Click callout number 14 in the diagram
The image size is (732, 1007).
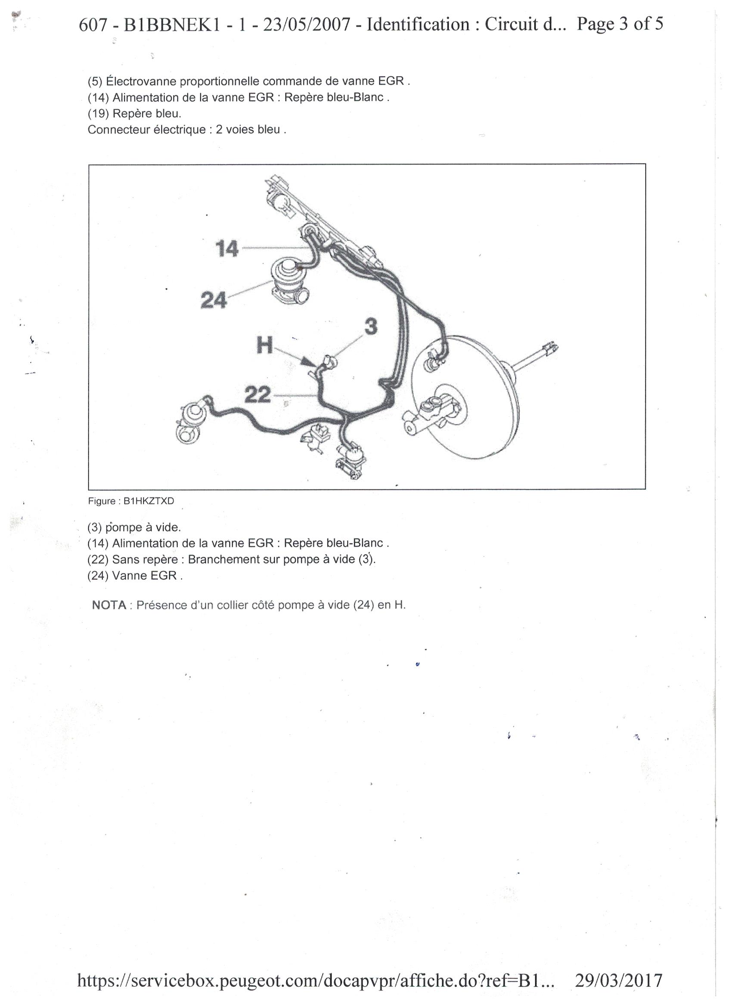point(227,249)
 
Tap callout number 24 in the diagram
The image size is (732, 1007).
point(214,300)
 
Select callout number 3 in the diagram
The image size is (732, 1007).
point(371,327)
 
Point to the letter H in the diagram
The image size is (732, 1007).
point(265,345)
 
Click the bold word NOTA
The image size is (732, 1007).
point(109,605)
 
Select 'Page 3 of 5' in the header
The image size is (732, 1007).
point(620,24)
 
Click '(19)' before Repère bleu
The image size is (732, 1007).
point(98,114)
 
